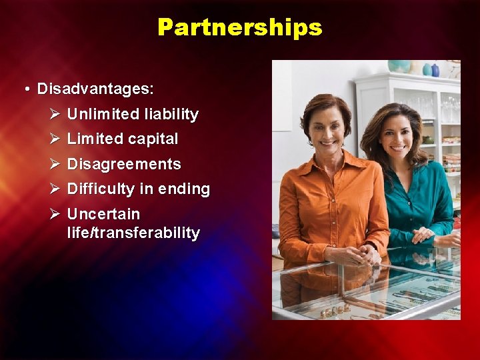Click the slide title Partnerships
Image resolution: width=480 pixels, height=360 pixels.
tap(240, 27)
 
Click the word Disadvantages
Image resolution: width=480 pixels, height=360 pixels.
tap(95, 89)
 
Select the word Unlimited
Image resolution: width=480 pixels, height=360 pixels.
tap(103, 115)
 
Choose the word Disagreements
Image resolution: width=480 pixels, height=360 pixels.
tap(124, 164)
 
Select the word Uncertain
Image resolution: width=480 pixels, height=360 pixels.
tap(103, 215)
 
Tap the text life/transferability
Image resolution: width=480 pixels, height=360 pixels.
tap(133, 233)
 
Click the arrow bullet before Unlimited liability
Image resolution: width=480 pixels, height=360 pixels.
tap(55, 115)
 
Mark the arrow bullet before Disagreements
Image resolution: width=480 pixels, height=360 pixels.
tap(55, 164)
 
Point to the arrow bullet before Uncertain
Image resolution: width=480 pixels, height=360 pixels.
tap(55, 215)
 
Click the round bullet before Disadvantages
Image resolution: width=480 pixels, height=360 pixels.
tap(25, 89)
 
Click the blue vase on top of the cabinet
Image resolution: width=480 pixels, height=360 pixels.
tap(435, 70)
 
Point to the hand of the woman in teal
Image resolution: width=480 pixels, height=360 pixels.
tap(423, 235)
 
